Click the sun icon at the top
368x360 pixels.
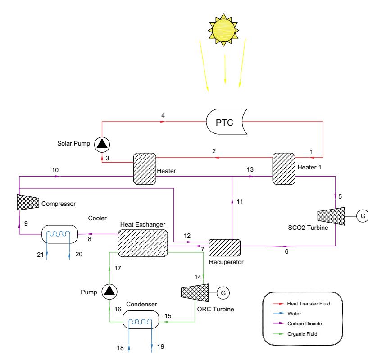[224, 27]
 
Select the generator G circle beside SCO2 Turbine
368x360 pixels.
[362, 216]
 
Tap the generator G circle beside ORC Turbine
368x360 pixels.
[222, 293]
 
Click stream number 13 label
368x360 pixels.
[250, 169]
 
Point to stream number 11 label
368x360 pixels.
[239, 202]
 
